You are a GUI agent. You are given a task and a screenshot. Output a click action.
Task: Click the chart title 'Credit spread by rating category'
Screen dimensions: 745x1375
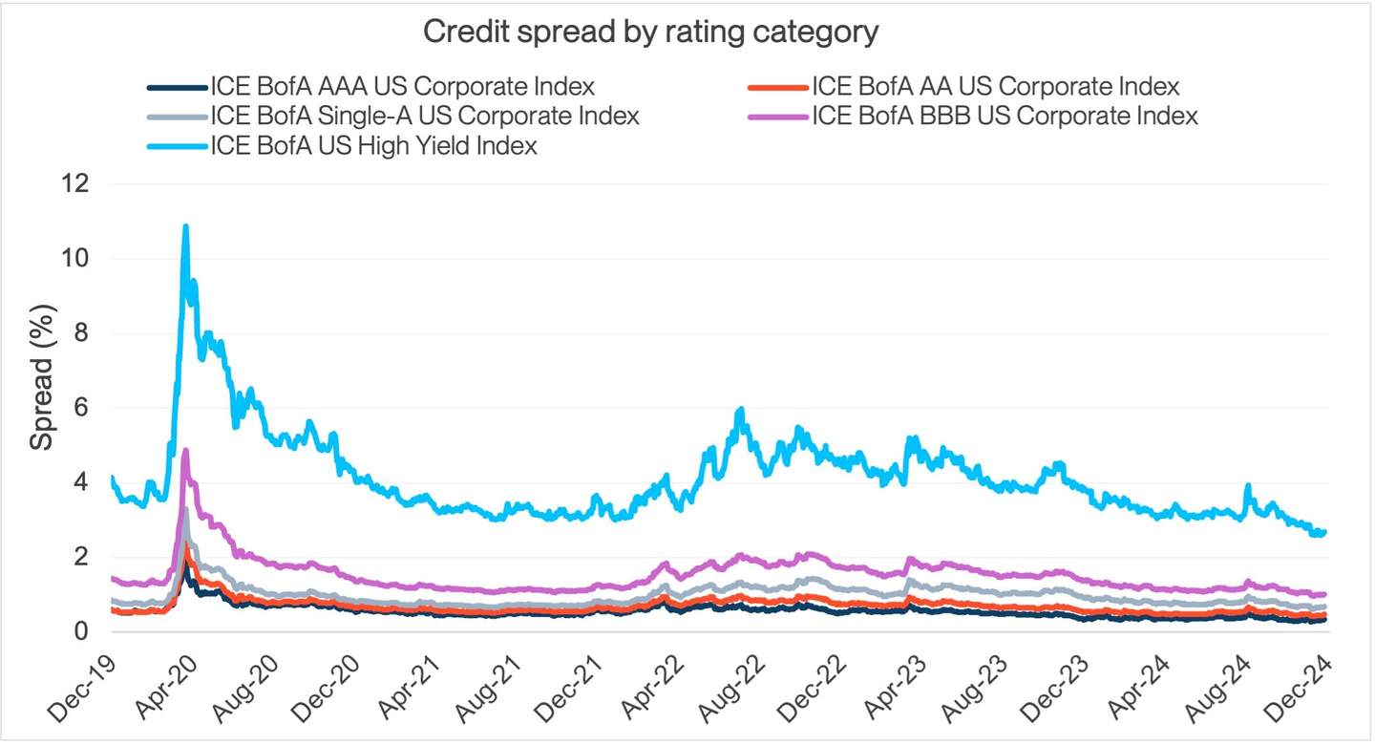(x=650, y=32)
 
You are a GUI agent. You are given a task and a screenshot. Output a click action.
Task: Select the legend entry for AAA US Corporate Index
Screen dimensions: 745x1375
(x=402, y=87)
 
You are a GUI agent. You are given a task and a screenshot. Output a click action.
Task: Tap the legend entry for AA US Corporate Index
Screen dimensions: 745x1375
(x=995, y=87)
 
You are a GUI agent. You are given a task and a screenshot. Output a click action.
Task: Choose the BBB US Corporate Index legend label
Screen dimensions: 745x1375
(x=1004, y=117)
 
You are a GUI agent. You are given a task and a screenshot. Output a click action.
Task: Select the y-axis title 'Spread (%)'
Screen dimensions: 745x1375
(x=42, y=378)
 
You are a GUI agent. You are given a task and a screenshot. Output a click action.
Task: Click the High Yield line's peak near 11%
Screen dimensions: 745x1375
(x=185, y=227)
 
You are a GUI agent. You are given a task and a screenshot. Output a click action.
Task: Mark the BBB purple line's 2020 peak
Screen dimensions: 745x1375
(x=185, y=450)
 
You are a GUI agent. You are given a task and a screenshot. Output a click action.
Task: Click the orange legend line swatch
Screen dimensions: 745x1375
(x=776, y=87)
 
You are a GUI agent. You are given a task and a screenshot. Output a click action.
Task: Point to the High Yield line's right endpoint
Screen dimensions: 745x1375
(x=1324, y=532)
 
